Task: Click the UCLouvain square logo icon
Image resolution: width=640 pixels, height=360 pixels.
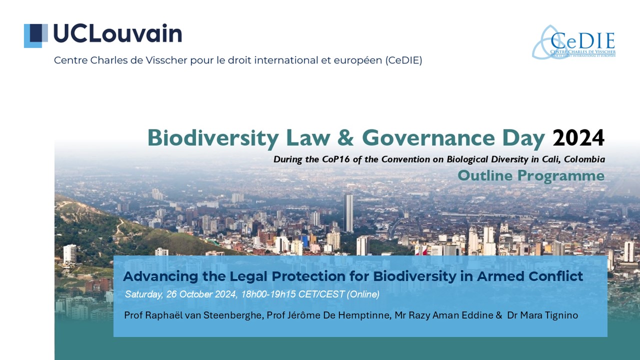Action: coord(35,35)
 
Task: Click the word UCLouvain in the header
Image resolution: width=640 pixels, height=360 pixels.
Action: coord(117,33)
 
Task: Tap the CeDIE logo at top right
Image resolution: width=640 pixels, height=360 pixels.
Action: coord(573,42)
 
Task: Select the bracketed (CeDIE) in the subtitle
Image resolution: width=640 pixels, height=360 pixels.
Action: coord(403,60)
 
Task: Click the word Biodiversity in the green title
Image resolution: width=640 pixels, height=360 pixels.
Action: coord(213,138)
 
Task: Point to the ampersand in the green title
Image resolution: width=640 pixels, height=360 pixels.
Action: coord(345,138)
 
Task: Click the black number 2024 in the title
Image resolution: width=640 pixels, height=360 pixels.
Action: coord(578,138)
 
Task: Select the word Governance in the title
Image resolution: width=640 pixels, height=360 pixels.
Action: coord(428,138)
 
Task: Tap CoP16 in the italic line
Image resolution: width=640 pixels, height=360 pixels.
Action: coord(335,159)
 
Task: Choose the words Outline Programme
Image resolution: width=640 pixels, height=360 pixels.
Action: coord(531,175)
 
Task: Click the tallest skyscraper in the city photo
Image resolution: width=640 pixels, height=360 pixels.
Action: coord(348,213)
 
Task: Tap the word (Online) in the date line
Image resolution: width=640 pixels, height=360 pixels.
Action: coord(363,294)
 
